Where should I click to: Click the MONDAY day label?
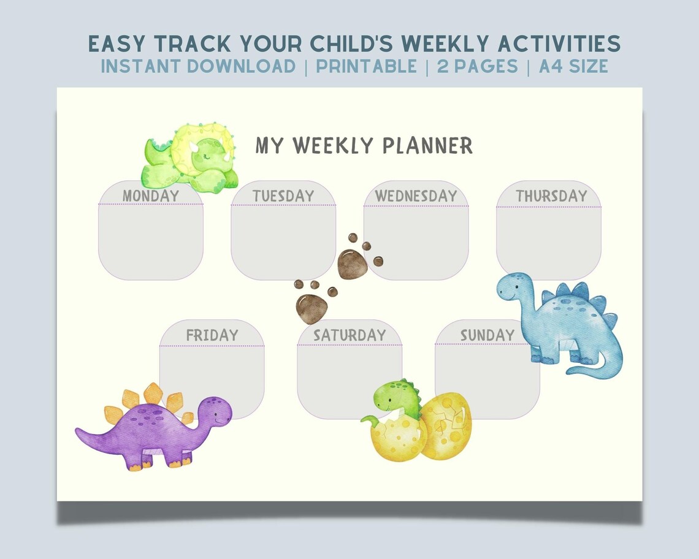(x=151, y=196)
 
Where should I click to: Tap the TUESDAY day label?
(x=283, y=196)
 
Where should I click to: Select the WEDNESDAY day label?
(x=416, y=196)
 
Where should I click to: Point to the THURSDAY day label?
(x=551, y=196)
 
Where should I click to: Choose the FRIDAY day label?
(x=212, y=335)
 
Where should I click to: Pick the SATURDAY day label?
(x=349, y=335)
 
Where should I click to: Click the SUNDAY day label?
(x=487, y=335)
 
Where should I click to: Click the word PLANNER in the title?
(x=427, y=146)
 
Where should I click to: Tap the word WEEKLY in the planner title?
(x=333, y=146)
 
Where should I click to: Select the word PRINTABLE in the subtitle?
(x=367, y=66)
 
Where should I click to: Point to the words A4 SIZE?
(x=573, y=66)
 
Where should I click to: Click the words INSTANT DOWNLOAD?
(x=198, y=66)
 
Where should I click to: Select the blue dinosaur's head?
(x=514, y=287)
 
